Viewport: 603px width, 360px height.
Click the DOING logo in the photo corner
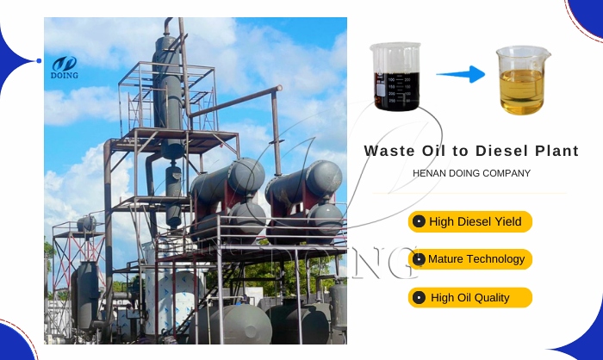[x=64, y=66]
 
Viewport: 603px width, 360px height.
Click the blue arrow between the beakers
[x=460, y=75]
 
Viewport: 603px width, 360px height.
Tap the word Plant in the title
[x=556, y=150]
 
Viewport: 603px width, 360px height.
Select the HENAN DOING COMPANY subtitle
[x=472, y=173]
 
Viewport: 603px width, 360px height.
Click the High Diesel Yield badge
[x=470, y=222]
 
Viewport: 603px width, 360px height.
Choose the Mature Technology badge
[x=470, y=259]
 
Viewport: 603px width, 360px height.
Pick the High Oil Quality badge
[x=470, y=298]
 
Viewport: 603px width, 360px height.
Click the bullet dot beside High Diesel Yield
[x=420, y=222]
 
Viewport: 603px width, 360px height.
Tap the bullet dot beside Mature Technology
[x=420, y=259]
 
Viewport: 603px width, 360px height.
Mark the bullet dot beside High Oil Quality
[x=420, y=298]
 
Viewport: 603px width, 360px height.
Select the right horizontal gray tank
[x=305, y=181]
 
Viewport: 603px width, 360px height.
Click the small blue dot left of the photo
[x=39, y=61]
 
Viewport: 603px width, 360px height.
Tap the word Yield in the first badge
[x=508, y=222]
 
